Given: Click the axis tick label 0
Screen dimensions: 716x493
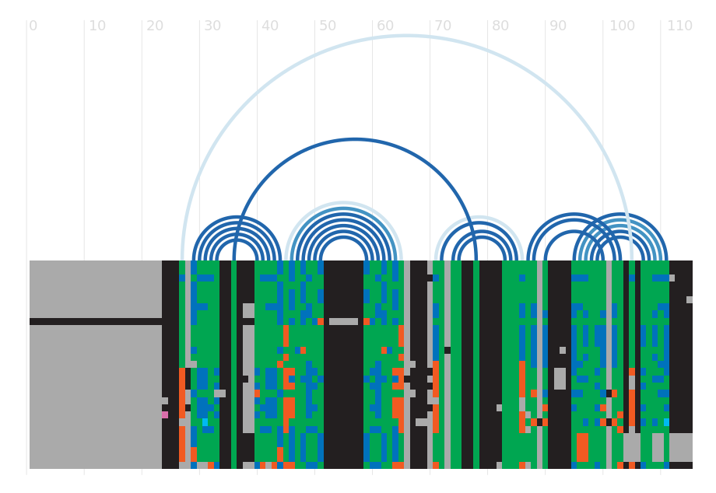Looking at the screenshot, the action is point(33,26).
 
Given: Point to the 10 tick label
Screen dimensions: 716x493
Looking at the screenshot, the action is point(97,26).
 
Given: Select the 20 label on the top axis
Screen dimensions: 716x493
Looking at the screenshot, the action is point(155,26).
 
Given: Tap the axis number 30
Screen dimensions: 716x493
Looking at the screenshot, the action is point(212,26).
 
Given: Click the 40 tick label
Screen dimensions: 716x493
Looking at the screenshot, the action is point(270,26).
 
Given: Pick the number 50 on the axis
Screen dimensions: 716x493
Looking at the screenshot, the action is point(328,26).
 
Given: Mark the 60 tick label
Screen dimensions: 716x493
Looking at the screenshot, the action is point(385,26).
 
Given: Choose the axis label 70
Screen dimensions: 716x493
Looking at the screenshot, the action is point(443,26).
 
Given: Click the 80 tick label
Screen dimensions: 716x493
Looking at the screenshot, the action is point(500,26).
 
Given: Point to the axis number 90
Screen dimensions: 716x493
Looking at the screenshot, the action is point(557,26).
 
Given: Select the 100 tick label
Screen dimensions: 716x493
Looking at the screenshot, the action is point(622,26).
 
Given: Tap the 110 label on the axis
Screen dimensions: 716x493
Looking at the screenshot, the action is point(679,26).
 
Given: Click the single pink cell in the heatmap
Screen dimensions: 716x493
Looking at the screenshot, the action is point(165,415).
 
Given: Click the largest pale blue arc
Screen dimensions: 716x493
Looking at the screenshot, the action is point(407,36).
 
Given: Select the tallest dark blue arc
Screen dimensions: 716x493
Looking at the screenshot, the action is point(355,139).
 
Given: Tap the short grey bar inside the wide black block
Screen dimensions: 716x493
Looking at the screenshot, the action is point(343,321).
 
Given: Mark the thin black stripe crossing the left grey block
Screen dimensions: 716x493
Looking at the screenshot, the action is point(96,321).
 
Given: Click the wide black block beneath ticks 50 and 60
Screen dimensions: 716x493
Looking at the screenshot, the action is point(343,365).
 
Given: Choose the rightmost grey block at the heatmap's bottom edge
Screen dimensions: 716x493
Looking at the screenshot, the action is point(681,447).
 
